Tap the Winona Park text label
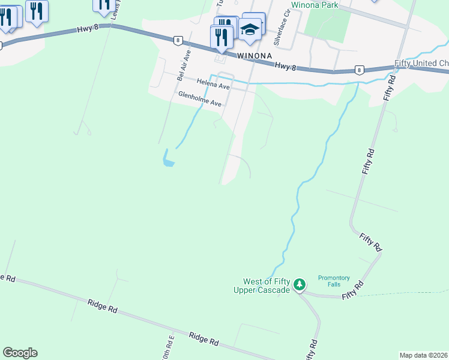[x=315, y=5]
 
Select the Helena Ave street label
[x=213, y=86]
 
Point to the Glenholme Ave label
[x=200, y=99]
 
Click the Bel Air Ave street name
[x=184, y=65]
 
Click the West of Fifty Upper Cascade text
[x=267, y=286]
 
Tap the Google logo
[x=20, y=353]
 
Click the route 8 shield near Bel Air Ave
[x=177, y=41]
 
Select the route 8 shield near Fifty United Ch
[x=358, y=70]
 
